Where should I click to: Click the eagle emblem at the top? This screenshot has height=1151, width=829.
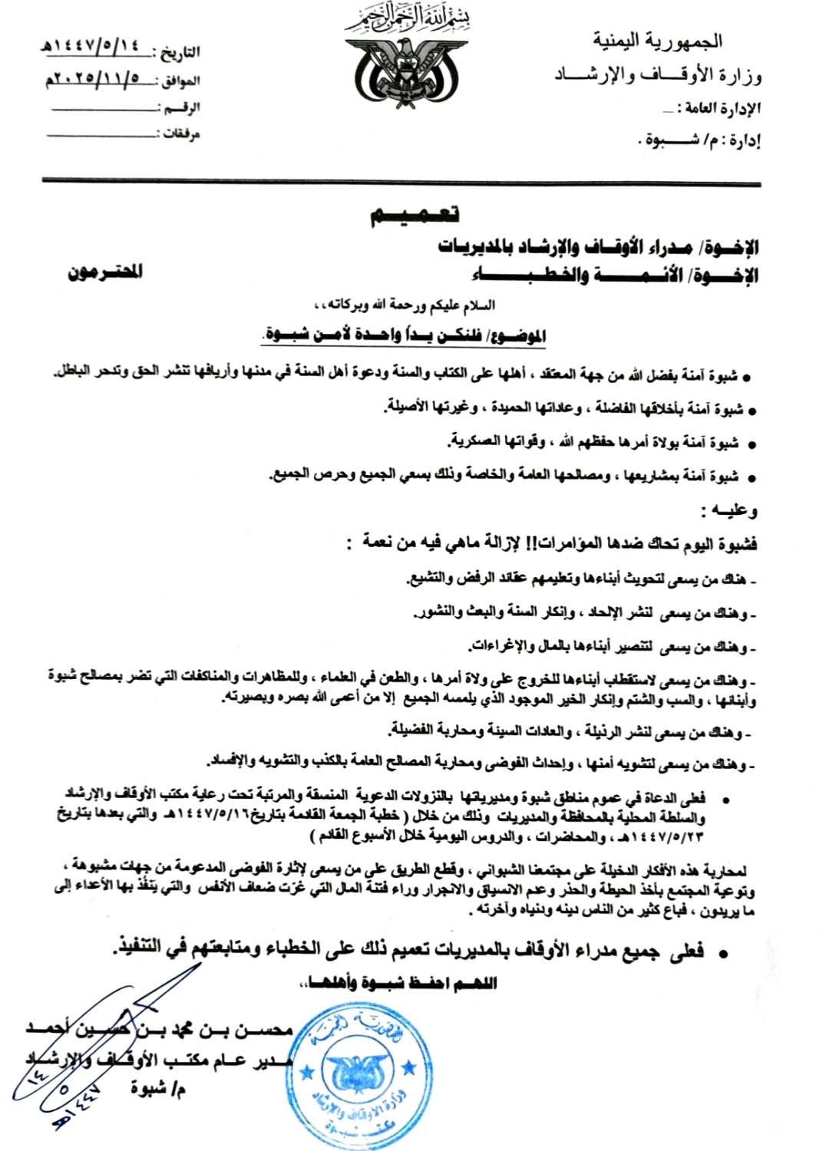pyautogui.click(x=406, y=74)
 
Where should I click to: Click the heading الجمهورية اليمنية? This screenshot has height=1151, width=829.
pyautogui.click(x=657, y=41)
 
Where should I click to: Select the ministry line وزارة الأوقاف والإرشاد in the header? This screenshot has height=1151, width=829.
pyautogui.click(x=658, y=75)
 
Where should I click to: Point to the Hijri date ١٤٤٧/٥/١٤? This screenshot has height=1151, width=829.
pyautogui.click(x=96, y=47)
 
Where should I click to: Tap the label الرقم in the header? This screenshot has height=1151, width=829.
pyautogui.click(x=182, y=107)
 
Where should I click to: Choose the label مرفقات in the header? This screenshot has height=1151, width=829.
pyautogui.click(x=181, y=134)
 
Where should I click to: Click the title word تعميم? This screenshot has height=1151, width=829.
pyautogui.click(x=415, y=215)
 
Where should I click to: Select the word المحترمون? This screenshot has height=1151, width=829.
pyautogui.click(x=105, y=272)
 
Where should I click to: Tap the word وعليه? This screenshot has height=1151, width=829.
pyautogui.click(x=729, y=510)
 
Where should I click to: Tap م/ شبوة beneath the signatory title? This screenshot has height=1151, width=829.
pyautogui.click(x=158, y=1087)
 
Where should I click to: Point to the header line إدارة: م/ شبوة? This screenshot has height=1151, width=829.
pyautogui.click(x=699, y=141)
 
